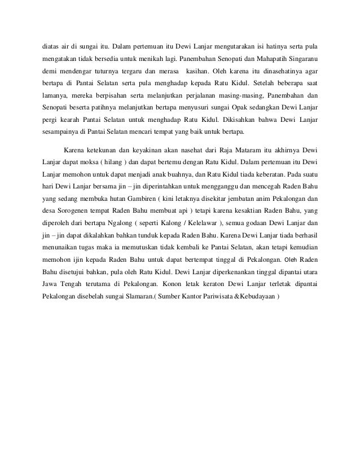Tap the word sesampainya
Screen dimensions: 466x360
click(61, 134)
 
